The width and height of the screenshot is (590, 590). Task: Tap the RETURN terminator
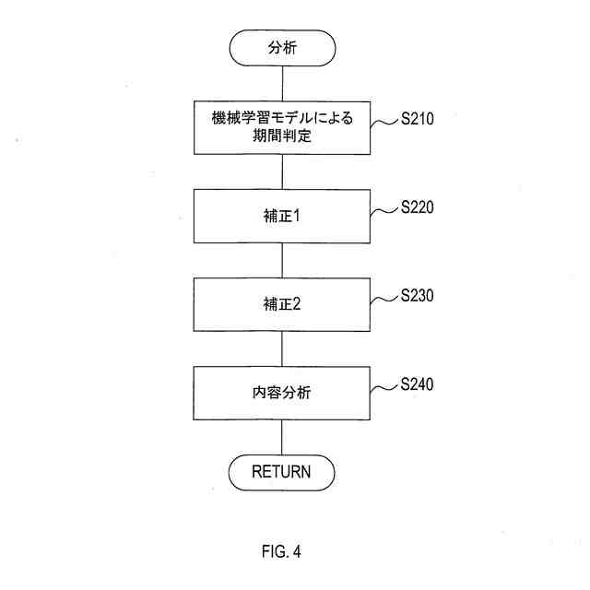pos(281,472)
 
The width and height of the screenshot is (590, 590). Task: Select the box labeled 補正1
pos(281,218)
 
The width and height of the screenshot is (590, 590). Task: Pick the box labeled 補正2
pos(281,305)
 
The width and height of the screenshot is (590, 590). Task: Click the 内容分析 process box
pos(281,393)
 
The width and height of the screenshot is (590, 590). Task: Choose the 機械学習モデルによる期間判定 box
pos(281,129)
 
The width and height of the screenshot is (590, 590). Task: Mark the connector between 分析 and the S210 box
pos(281,86)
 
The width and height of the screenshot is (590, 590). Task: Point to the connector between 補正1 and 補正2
pos(281,261)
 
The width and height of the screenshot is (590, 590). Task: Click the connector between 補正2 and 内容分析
pos(281,348)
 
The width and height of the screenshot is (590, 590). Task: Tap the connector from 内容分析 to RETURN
pos(281,436)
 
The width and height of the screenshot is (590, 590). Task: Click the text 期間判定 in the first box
pos(281,138)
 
